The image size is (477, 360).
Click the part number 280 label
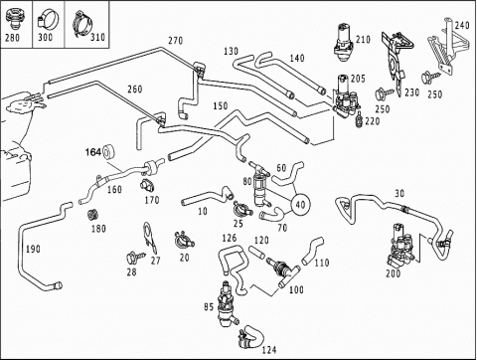click(12, 38)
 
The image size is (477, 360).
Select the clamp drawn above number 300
click(49, 19)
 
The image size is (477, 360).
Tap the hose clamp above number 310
click(82, 23)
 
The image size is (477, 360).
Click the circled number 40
click(300, 205)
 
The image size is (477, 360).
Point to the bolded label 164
click(93, 152)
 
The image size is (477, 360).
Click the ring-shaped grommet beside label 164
click(109, 152)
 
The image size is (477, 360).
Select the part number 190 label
click(33, 249)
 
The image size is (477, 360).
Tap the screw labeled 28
click(136, 257)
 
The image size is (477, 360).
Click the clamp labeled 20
click(184, 241)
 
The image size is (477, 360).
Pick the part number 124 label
click(269, 350)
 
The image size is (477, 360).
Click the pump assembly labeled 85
click(228, 304)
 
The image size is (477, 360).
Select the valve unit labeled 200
click(400, 246)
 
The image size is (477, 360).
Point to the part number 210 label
click(363, 40)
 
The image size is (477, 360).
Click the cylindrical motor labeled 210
click(344, 42)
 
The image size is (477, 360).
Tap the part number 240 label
click(462, 25)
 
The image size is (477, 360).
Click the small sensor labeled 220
click(359, 118)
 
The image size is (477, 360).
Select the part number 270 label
click(175, 41)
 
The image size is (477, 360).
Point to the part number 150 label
click(221, 105)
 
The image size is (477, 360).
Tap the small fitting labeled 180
click(93, 215)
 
